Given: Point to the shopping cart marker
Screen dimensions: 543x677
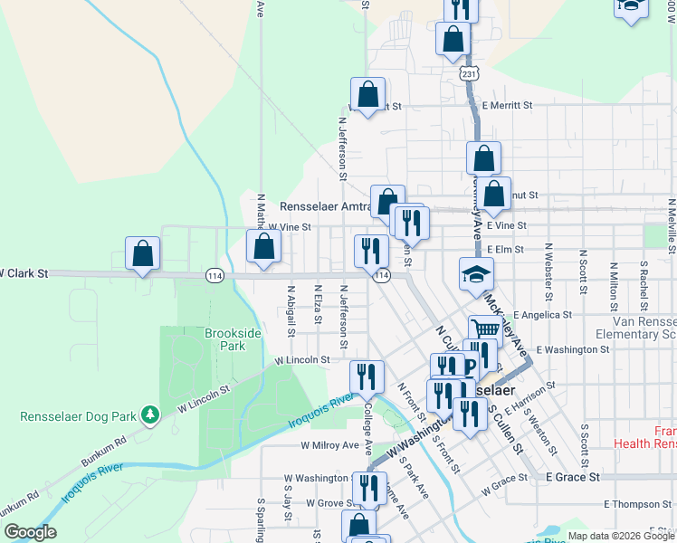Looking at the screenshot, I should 485,331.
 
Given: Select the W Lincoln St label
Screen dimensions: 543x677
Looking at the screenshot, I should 302,359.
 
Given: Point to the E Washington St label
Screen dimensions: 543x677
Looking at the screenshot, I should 572,348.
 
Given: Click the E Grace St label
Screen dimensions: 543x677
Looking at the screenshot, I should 573,476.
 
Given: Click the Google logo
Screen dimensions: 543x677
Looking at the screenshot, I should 30,532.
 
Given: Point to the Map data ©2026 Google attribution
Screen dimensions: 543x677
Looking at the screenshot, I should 621,537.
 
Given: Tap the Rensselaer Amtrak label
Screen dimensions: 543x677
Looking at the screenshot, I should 326,206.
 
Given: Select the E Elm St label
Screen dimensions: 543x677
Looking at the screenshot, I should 506,249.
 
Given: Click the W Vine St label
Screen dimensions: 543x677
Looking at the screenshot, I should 290,227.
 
